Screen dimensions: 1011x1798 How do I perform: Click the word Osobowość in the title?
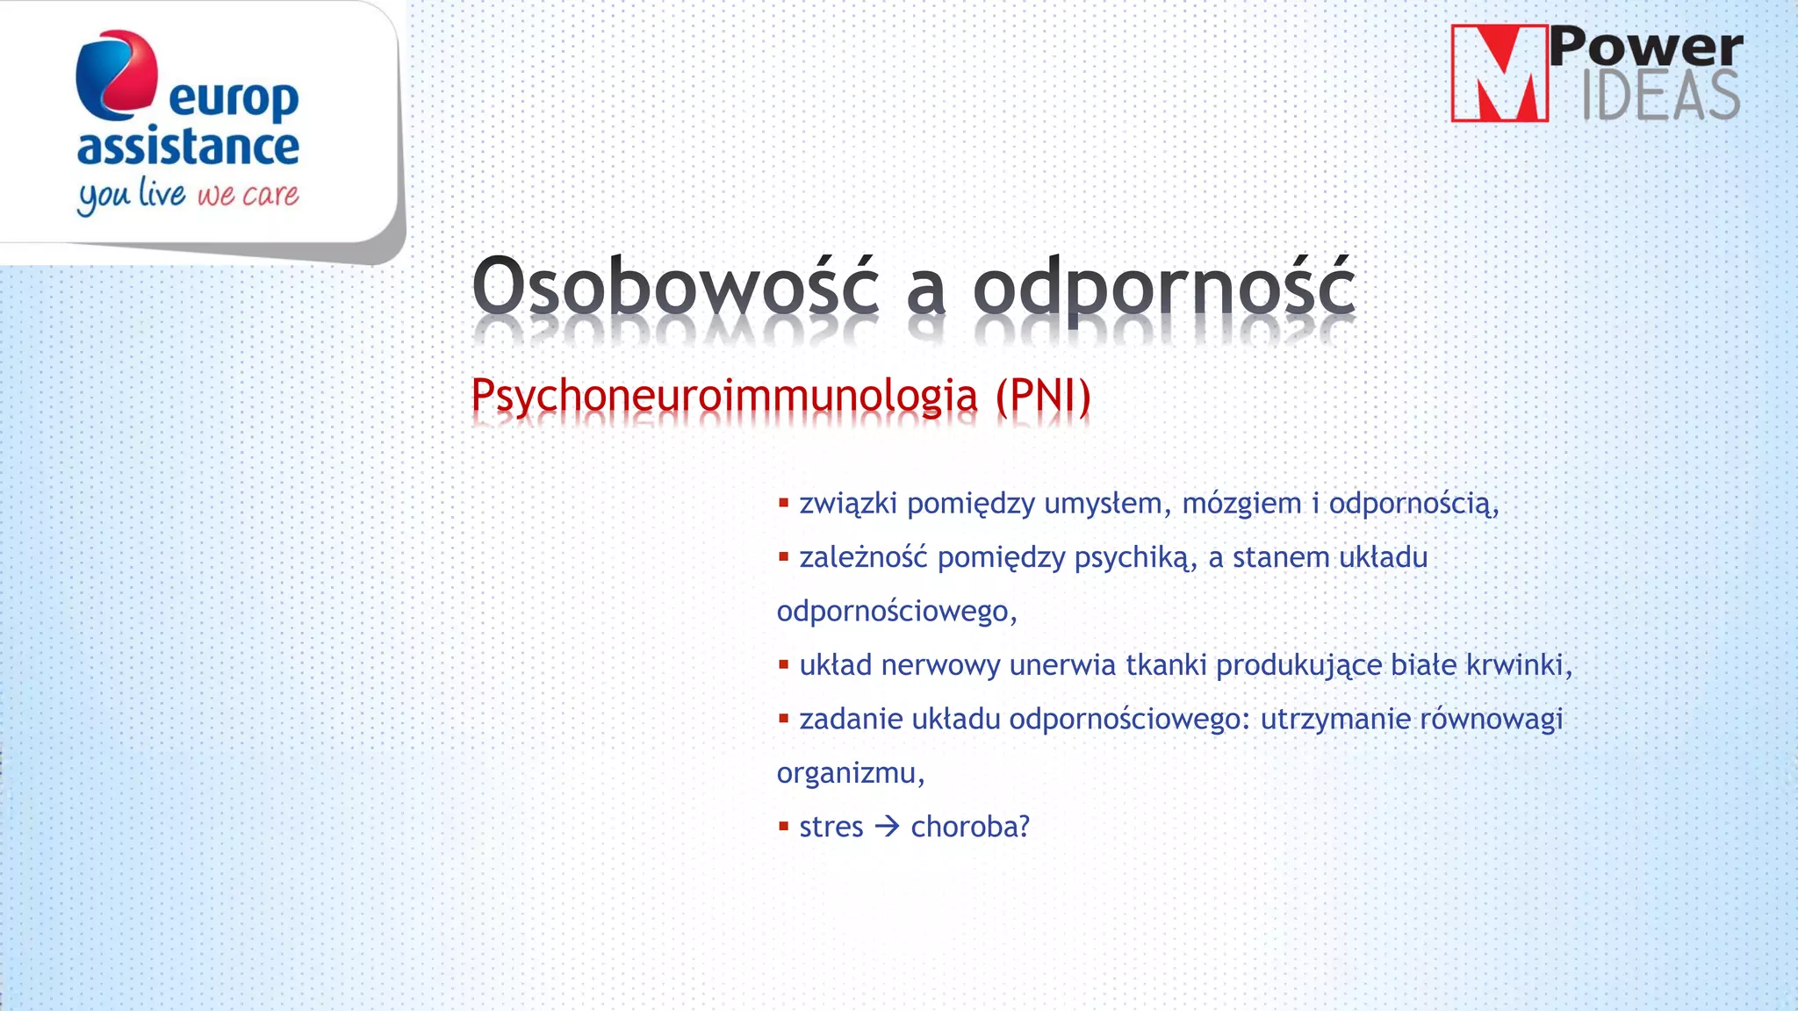pos(674,286)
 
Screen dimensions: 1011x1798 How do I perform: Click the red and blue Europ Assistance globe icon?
pos(117,75)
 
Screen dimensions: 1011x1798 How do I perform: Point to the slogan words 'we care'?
pos(248,194)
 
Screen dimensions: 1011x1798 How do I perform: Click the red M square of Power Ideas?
pos(1499,74)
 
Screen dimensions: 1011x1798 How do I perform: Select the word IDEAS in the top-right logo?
pos(1660,96)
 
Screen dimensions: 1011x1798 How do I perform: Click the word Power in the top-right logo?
pos(1646,47)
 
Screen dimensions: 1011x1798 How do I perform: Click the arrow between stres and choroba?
pos(888,827)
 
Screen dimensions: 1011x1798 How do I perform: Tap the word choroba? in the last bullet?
pos(969,827)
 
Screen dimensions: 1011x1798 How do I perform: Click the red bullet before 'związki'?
pos(783,503)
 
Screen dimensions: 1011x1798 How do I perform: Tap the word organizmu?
pos(849,773)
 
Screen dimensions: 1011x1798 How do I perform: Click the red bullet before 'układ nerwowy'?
pos(783,664)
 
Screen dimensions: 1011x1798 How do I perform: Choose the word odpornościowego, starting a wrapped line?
pos(895,611)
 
